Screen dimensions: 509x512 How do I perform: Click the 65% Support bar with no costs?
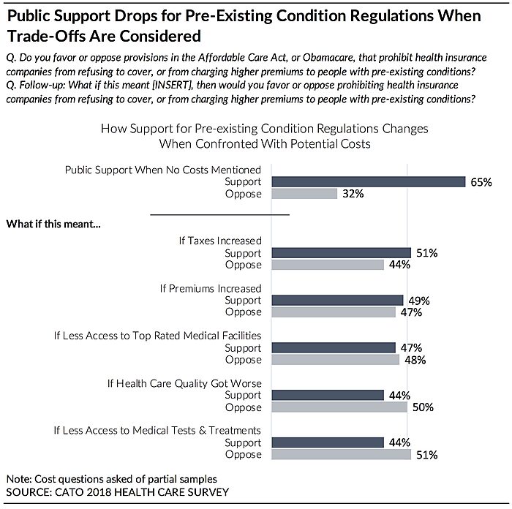click(x=368, y=181)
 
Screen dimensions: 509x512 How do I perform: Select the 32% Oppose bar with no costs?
click(x=304, y=194)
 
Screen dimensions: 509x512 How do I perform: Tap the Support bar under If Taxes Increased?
click(x=341, y=253)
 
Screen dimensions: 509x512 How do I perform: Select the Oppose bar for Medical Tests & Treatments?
click(x=341, y=455)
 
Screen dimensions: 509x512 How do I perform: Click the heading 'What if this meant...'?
click(x=53, y=223)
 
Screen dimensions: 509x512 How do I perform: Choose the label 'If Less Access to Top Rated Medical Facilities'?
click(x=157, y=336)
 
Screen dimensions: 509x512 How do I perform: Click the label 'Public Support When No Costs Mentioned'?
click(x=163, y=169)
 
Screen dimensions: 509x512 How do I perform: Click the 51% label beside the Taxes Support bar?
click(x=427, y=253)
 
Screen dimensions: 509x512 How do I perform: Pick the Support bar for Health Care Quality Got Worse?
click(x=327, y=395)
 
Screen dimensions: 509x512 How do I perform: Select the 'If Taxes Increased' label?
click(x=220, y=241)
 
